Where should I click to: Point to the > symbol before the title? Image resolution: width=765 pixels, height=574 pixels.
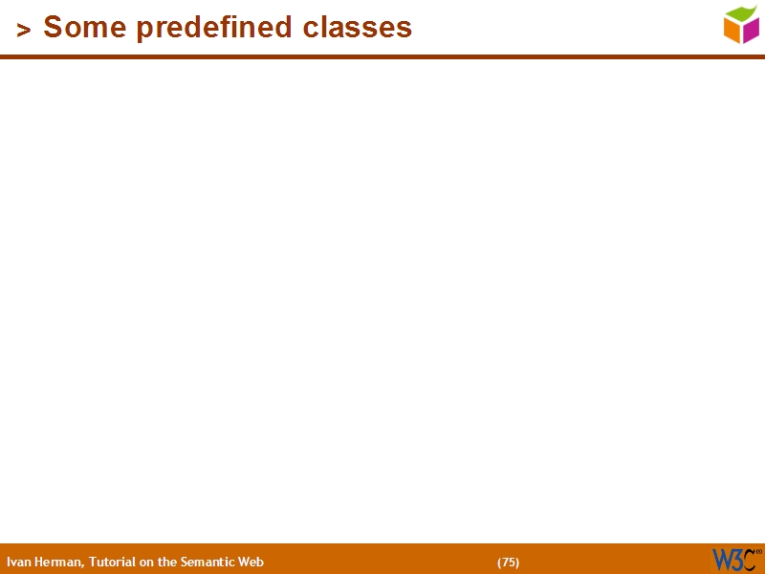(24, 31)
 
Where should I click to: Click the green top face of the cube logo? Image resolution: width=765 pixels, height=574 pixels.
(740, 13)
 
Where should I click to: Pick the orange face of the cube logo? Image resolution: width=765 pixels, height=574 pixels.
(732, 32)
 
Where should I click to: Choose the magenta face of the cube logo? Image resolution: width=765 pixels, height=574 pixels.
(751, 31)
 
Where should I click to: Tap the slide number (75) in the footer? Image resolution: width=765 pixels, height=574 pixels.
(508, 563)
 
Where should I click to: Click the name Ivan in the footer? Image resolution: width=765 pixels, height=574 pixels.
(18, 563)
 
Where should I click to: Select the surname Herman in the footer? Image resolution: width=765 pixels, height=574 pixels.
(59, 563)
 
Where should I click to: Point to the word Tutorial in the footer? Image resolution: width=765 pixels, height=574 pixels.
(112, 563)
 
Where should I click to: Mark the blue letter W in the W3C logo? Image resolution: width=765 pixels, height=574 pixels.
(721, 560)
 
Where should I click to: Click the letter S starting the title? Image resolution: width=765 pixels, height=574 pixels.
(52, 28)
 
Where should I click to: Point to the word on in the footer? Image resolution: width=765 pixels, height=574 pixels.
(146, 563)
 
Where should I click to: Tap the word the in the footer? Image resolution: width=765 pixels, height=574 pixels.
(167, 563)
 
